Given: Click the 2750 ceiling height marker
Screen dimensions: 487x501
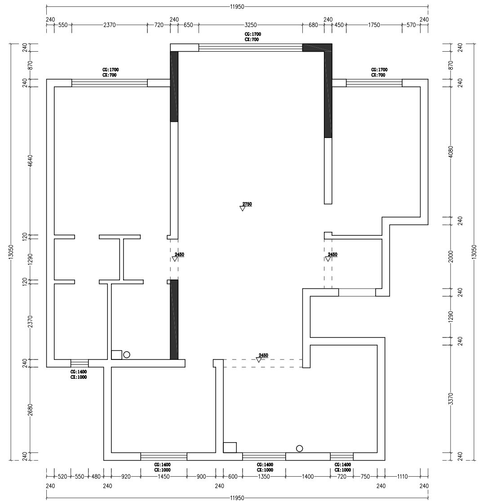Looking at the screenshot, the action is click(247, 204).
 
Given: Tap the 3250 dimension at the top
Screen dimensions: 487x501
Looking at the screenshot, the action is click(251, 25).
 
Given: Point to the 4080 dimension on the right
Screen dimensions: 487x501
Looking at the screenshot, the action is click(451, 152).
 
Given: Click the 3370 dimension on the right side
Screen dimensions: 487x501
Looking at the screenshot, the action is click(451, 399).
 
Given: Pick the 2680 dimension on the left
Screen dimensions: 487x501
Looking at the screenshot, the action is click(31, 410).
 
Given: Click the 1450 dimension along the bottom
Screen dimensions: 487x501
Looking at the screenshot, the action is click(164, 476).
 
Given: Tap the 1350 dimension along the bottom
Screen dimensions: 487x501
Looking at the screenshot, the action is click(264, 476).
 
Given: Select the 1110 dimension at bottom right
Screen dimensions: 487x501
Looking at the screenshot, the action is click(403, 476).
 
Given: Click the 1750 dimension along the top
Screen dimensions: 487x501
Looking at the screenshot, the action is click(374, 25).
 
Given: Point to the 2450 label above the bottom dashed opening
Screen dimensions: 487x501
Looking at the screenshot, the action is click(263, 355).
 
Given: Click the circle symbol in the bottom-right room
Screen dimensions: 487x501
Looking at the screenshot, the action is click(299, 448).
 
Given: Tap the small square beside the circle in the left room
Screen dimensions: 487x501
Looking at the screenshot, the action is click(117, 355).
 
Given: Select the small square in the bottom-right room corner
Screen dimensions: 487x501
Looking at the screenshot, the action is click(230, 448).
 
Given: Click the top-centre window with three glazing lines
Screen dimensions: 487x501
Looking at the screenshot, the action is click(251, 48).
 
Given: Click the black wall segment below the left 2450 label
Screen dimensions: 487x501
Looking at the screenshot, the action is click(174, 319).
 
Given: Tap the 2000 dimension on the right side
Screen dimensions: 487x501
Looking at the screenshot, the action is click(451, 257).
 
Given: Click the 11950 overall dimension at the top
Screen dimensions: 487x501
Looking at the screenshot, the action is click(237, 6).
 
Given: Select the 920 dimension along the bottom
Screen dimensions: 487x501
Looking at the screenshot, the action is click(126, 476).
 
